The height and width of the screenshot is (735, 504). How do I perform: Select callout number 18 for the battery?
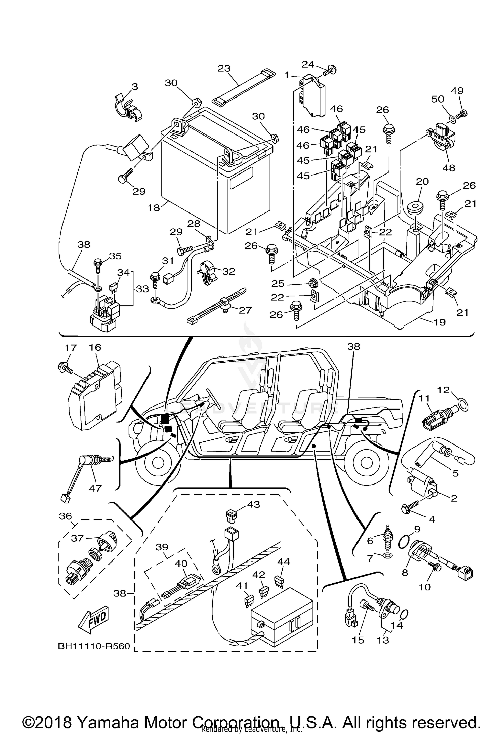154,208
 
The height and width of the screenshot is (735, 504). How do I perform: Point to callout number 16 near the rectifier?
95,347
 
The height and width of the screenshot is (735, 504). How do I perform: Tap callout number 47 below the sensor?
95,488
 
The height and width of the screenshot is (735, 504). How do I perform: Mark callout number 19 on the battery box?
439,322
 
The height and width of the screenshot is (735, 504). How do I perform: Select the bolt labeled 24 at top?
330,70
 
